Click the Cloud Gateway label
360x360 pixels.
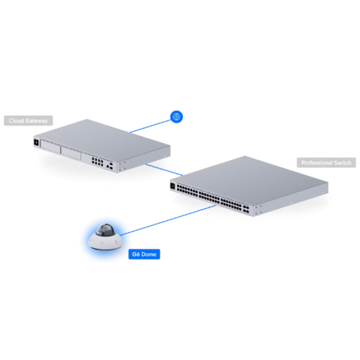pyautogui.click(x=28, y=121)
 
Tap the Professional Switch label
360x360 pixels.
pyautogui.click(x=326, y=162)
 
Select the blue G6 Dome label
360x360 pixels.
pyautogui.click(x=144, y=255)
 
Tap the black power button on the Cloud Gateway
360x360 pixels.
pyautogui.click(x=36, y=144)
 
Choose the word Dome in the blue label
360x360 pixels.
pyautogui.click(x=150, y=255)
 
